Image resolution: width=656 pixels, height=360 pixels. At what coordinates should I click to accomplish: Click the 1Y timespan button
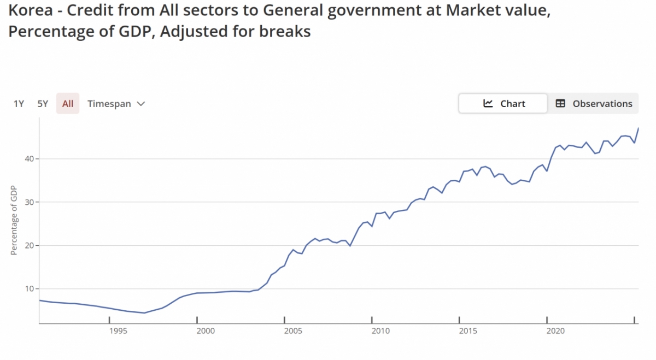[19, 104]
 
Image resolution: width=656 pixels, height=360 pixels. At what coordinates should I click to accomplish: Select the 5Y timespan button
[43, 104]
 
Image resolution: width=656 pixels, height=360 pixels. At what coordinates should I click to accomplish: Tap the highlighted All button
[68, 104]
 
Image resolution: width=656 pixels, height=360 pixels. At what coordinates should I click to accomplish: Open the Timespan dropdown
[116, 104]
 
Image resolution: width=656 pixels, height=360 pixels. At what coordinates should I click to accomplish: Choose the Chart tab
[503, 104]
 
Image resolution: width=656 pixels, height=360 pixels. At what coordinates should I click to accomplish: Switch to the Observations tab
[594, 104]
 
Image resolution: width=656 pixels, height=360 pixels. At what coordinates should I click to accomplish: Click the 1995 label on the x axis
[118, 331]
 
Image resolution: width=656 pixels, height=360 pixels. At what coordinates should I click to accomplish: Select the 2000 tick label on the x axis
[206, 331]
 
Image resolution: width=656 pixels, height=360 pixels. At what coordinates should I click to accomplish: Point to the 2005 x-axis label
[293, 331]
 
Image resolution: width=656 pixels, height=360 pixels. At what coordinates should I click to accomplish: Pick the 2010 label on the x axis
[380, 331]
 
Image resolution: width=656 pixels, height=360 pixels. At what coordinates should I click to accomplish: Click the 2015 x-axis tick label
[468, 331]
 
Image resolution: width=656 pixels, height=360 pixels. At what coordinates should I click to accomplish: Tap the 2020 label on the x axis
[555, 331]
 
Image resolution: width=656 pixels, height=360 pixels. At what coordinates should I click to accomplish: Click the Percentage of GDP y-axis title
[14, 220]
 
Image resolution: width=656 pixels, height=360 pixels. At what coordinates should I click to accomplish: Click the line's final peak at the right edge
[639, 128]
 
